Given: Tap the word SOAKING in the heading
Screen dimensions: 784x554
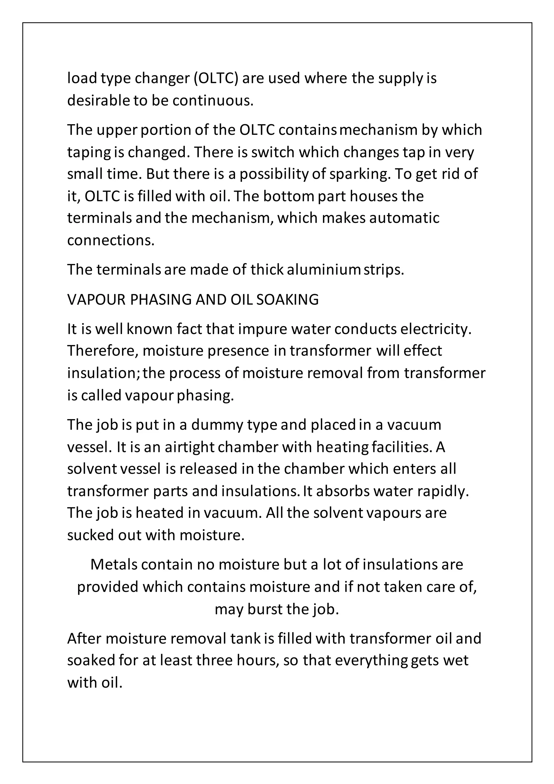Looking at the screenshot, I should coord(287,299).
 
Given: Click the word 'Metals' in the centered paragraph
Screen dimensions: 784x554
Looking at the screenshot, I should coord(114,564).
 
